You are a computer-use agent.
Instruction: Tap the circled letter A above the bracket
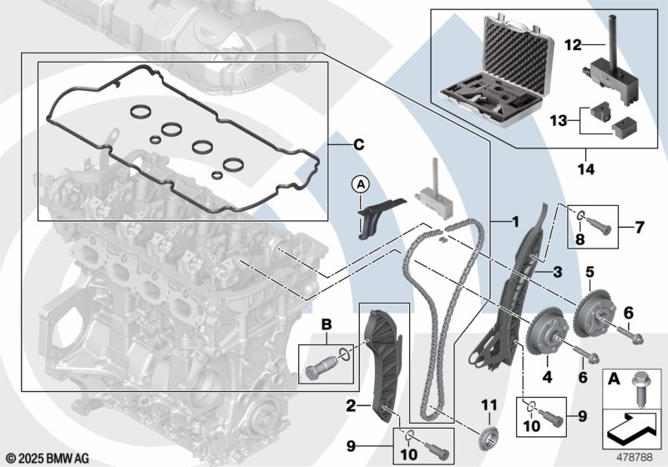[362, 183]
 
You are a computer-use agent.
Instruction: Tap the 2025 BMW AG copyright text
[48, 458]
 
